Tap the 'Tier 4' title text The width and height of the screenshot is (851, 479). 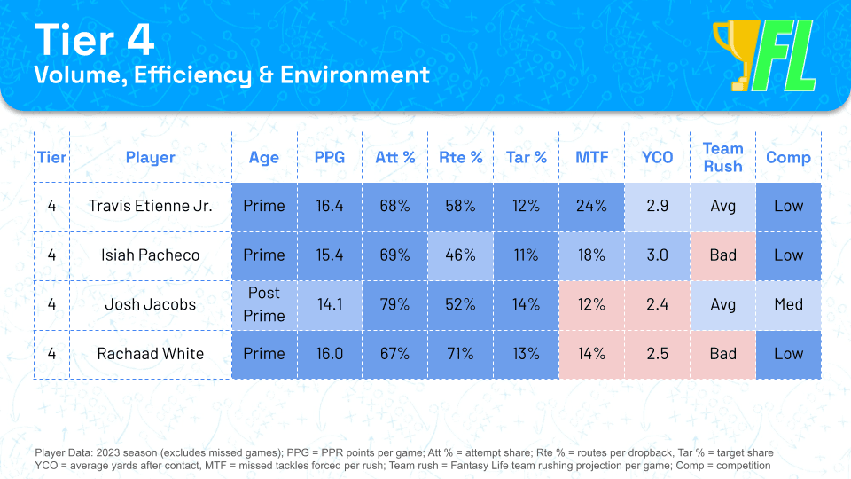pos(95,40)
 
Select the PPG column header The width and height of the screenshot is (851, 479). pos(330,158)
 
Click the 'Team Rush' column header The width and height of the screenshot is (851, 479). pos(723,158)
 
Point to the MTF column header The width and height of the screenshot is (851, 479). pos(591,158)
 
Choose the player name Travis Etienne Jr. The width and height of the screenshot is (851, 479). pos(151,206)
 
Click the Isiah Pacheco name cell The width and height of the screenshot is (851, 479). pos(151,255)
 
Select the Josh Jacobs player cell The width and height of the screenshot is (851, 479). pos(151,304)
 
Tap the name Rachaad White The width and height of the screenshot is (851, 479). pos(151,354)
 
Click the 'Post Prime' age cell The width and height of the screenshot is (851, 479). pos(264,304)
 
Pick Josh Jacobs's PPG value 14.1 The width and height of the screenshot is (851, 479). pos(330,304)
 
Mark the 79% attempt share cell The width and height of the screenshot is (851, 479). pos(395,304)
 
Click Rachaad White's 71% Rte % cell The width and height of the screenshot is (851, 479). pos(460,354)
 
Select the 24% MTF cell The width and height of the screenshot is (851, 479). pos(591,207)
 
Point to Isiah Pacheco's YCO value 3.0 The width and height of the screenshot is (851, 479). pos(657,255)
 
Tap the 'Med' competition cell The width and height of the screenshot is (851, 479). pos(788,304)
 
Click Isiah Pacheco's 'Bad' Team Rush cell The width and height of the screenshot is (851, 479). pos(723,255)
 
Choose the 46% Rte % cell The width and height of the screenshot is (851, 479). pos(460,255)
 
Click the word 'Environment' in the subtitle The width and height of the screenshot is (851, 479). pos(355,75)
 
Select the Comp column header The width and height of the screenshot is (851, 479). pos(788,158)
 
